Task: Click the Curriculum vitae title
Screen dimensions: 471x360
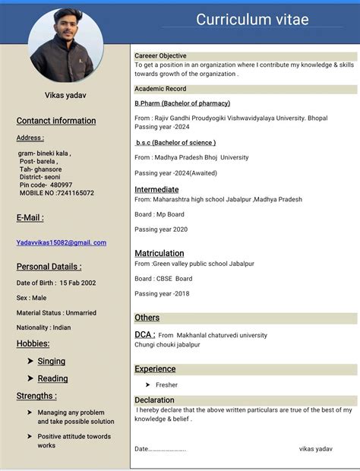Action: [252, 21]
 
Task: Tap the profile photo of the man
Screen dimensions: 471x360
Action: [66, 46]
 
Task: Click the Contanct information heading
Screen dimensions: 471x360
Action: [56, 121]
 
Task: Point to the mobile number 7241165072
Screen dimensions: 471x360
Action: [75, 193]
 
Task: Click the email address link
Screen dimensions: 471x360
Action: [62, 242]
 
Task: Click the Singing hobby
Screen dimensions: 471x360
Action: [52, 361]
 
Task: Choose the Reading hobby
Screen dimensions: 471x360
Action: [52, 378]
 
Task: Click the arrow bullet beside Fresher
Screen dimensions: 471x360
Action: [147, 385]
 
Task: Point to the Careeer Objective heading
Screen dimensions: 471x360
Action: [160, 56]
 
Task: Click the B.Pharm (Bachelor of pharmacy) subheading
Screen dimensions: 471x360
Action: [182, 103]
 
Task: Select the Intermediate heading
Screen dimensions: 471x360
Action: [156, 189]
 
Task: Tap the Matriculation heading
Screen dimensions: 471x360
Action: [159, 253]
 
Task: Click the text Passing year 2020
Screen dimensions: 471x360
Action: [161, 229]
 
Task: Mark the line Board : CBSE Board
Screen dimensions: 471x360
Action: [163, 279]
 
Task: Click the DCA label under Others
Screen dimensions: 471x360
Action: [144, 334]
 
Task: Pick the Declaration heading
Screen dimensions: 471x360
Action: [154, 400]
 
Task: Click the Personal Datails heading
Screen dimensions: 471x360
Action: [49, 267]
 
